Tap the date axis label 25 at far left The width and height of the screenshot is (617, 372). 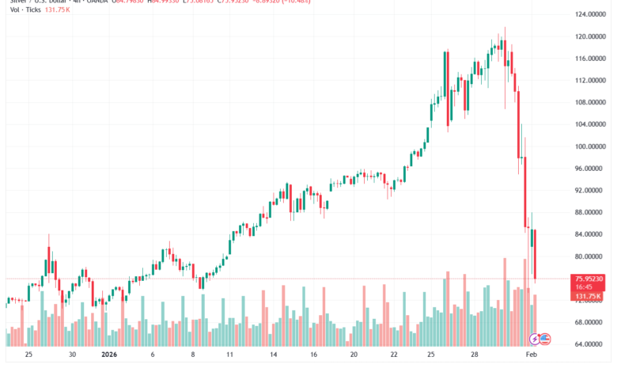pos(28,355)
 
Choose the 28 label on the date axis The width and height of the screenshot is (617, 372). pos(472,355)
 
